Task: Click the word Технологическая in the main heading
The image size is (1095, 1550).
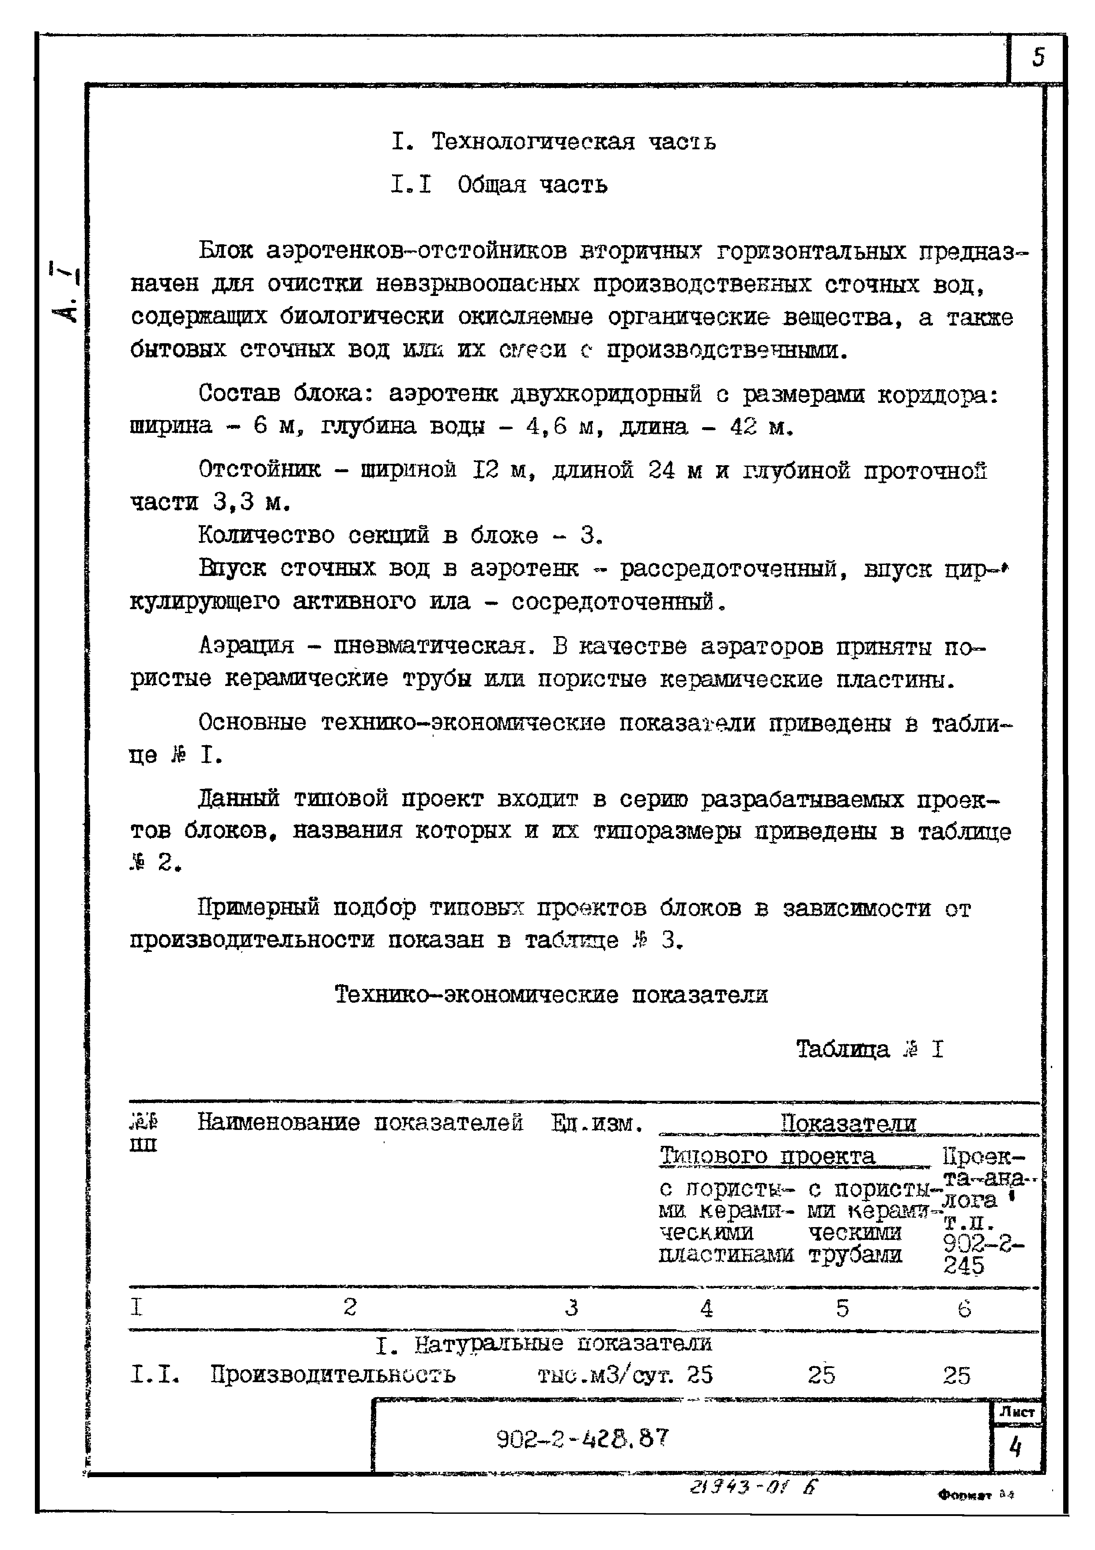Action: click(532, 142)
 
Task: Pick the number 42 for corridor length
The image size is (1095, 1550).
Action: click(744, 427)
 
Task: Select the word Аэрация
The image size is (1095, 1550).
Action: click(246, 646)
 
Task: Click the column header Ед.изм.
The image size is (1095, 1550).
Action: click(596, 1123)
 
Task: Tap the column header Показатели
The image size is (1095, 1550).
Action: click(848, 1123)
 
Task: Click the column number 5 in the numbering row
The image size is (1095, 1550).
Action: click(842, 1309)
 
